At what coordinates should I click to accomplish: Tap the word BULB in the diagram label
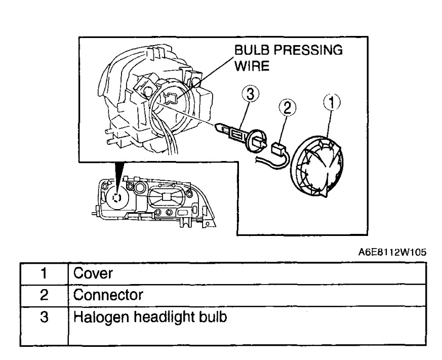click(x=247, y=51)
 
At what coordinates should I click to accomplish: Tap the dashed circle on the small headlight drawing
click(x=117, y=198)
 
